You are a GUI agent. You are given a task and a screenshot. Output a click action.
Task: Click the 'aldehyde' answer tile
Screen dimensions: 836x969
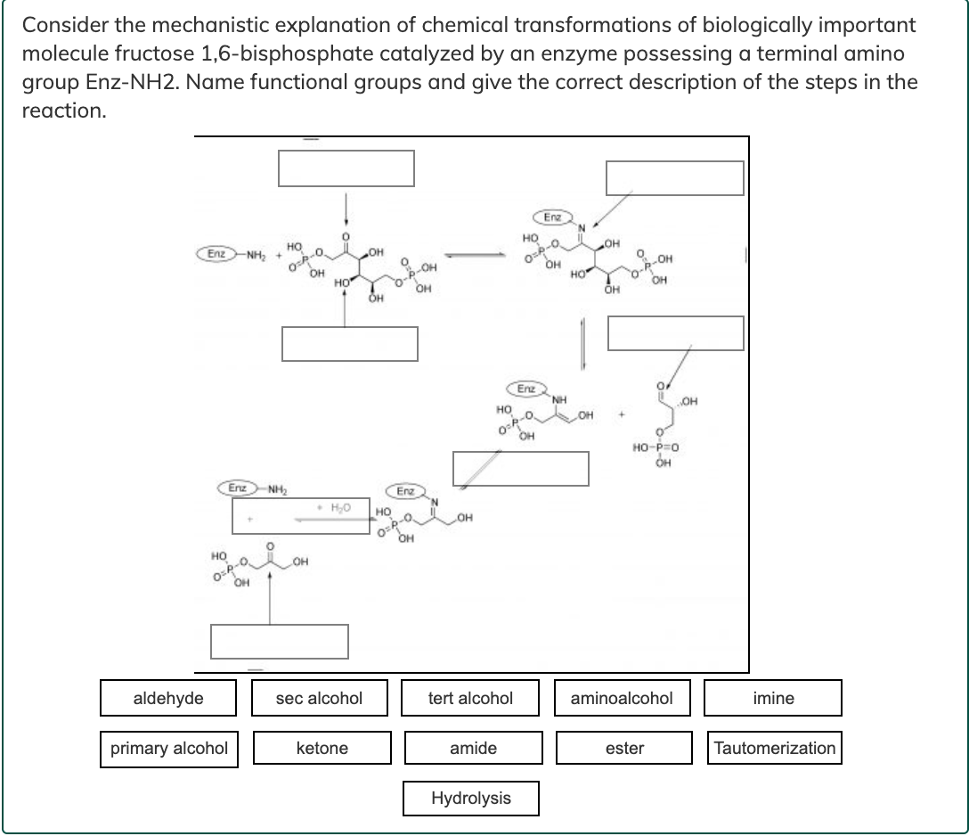pyautogui.click(x=168, y=698)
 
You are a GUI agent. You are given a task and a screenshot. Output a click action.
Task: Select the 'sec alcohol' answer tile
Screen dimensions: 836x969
pyautogui.click(x=319, y=698)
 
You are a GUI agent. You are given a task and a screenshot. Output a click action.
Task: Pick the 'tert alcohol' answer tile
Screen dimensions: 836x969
pyautogui.click(x=470, y=698)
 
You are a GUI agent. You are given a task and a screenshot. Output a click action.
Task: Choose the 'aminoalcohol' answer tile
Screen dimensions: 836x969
pyautogui.click(x=622, y=698)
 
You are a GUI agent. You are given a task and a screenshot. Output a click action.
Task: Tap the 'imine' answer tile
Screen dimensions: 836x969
pyautogui.click(x=773, y=698)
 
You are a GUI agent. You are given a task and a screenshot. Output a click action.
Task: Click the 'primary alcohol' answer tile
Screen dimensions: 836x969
pyautogui.click(x=169, y=748)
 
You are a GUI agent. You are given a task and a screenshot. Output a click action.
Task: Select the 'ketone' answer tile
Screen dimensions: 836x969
pyautogui.click(x=322, y=748)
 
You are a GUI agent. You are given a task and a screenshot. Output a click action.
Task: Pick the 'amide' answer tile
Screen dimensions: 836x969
pyautogui.click(x=473, y=748)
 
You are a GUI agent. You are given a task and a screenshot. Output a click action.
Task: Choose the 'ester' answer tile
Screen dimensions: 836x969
pyautogui.click(x=624, y=748)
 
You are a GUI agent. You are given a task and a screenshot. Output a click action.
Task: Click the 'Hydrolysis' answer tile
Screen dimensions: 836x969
pyautogui.click(x=470, y=798)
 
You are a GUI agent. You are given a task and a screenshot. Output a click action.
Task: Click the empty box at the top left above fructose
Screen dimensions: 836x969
pyautogui.click(x=346, y=168)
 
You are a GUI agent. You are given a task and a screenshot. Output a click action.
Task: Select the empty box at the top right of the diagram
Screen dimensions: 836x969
pyautogui.click(x=674, y=177)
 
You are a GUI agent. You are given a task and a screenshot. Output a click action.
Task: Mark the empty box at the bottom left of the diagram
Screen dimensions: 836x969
pyautogui.click(x=279, y=641)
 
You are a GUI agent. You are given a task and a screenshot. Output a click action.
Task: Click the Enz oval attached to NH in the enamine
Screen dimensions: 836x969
pyautogui.click(x=526, y=389)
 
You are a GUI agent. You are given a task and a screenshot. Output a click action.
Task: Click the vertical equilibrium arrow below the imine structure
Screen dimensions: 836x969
pyautogui.click(x=582, y=340)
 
